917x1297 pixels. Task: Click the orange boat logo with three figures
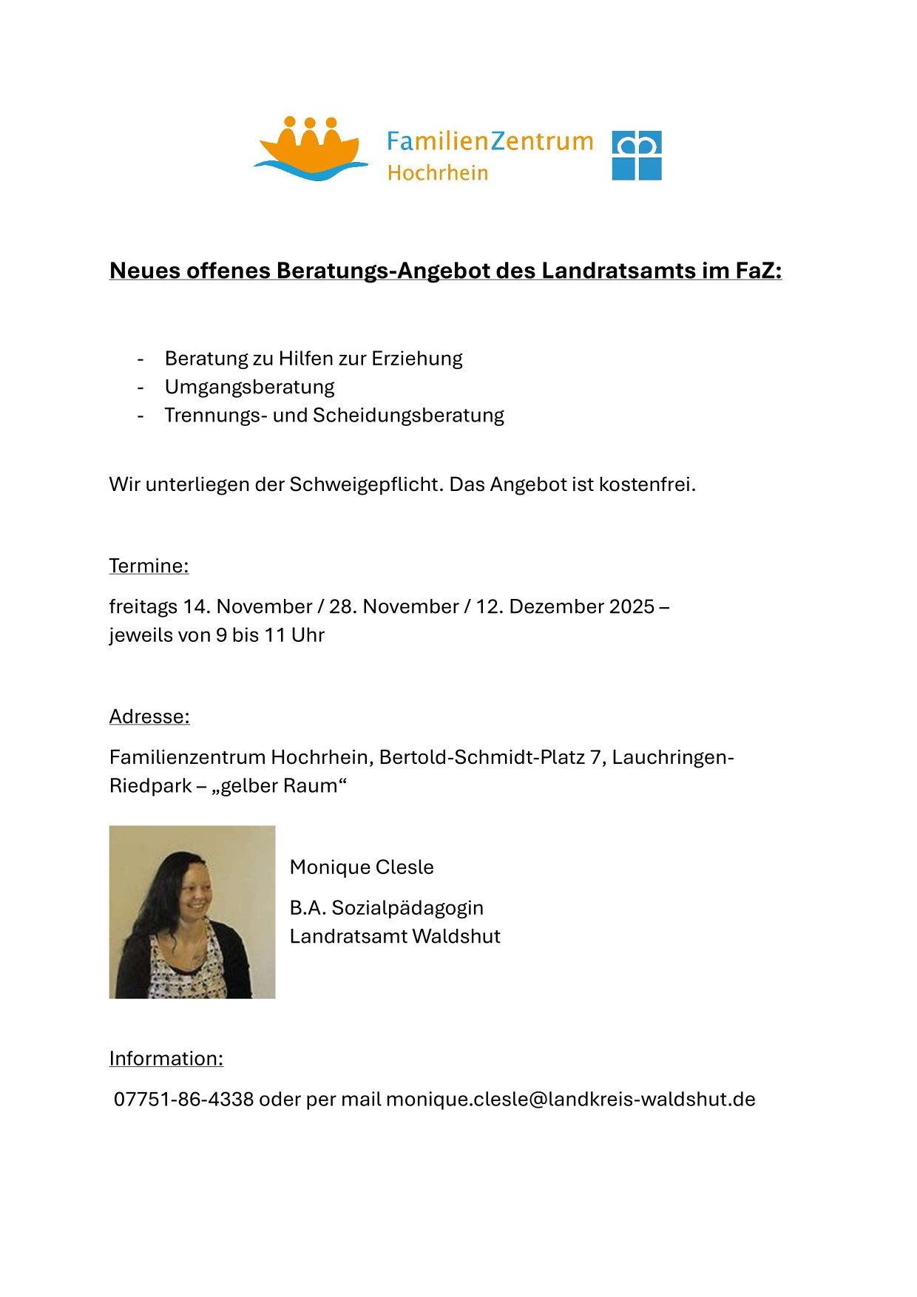311,148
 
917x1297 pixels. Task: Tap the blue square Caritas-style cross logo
637,155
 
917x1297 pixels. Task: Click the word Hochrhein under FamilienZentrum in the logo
438,173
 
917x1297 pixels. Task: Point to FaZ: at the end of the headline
758,271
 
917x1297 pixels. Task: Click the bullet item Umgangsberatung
249,387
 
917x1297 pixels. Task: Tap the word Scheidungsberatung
408,416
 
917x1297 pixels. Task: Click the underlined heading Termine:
149,566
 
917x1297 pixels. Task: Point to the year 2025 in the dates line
633,606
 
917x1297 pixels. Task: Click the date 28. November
393,606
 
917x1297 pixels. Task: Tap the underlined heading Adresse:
149,717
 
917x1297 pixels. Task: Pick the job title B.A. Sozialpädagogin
386,908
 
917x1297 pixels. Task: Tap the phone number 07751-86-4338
183,1100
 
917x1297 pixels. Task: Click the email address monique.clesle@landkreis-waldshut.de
570,1100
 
